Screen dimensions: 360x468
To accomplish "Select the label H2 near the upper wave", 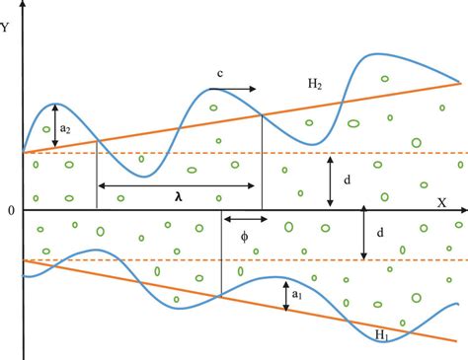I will tap(314, 86).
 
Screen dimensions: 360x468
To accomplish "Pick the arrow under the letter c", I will tap(237, 89).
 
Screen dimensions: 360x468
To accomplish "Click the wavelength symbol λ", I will tap(179, 197).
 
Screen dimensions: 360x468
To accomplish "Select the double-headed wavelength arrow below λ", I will tap(179, 184).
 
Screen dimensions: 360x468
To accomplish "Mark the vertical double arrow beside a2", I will tap(55, 127).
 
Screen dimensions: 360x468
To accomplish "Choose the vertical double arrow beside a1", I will tap(284, 297).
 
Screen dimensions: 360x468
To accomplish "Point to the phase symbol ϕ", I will tap(245, 237).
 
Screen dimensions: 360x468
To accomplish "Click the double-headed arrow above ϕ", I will tap(242, 220).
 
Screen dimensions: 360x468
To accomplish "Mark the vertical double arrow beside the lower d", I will tap(364, 235).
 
